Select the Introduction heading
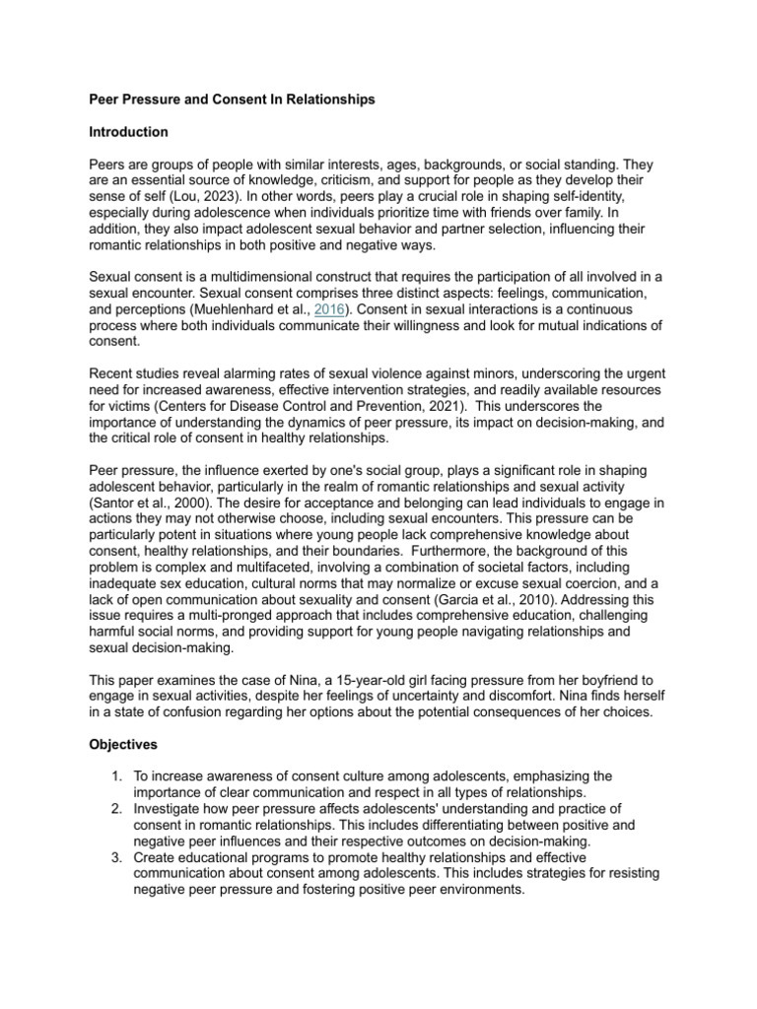[x=129, y=132]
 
